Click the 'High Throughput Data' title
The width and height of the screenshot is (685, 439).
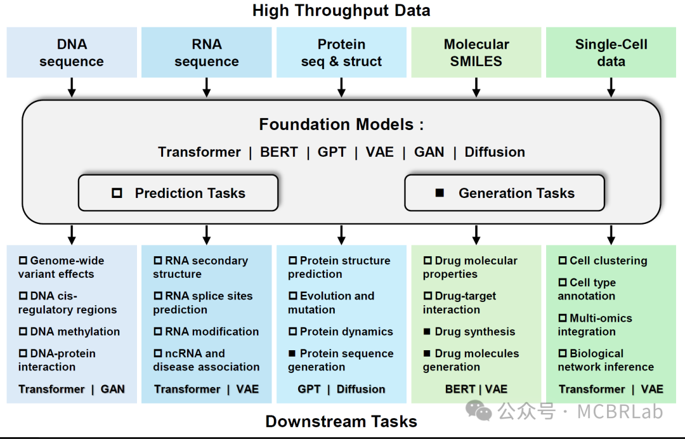pyautogui.click(x=341, y=11)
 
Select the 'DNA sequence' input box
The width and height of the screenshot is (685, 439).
pyautogui.click(x=72, y=53)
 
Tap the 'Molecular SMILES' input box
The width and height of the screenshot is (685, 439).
pyautogui.click(x=476, y=53)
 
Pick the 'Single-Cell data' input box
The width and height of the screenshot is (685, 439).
pyautogui.click(x=611, y=53)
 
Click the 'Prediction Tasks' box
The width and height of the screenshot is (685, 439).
pyautogui.click(x=178, y=193)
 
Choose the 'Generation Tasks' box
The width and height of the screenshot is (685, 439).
pyautogui.click(x=504, y=193)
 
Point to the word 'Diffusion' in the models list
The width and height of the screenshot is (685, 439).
pyautogui.click(x=495, y=152)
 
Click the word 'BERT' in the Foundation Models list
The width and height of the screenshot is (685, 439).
pyautogui.click(x=279, y=152)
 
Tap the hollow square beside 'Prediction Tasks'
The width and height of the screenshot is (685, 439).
pyautogui.click(x=117, y=193)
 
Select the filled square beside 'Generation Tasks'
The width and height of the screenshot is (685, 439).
pyautogui.click(x=440, y=193)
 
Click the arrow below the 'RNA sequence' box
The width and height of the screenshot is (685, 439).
pyautogui.click(x=207, y=87)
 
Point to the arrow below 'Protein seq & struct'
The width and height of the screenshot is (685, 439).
pyautogui.click(x=341, y=87)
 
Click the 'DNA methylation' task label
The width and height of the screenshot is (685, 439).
pyautogui.click(x=75, y=332)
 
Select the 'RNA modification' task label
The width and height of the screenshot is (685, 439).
pyautogui.click(x=211, y=332)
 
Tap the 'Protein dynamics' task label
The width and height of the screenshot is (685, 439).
pyautogui.click(x=346, y=332)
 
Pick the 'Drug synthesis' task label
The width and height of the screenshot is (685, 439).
pyautogui.click(x=474, y=332)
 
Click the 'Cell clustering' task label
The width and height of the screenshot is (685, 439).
pyautogui.click(x=608, y=261)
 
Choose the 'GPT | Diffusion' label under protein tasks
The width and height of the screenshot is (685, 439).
pyautogui.click(x=341, y=389)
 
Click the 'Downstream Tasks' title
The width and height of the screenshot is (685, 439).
pyautogui.click(x=341, y=422)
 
